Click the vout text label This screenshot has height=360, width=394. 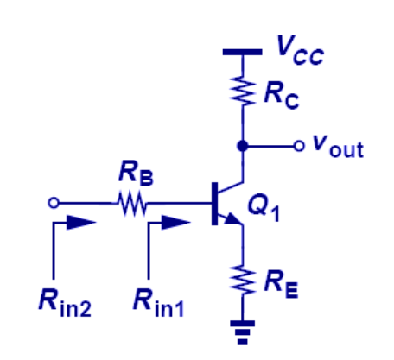tap(337, 148)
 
